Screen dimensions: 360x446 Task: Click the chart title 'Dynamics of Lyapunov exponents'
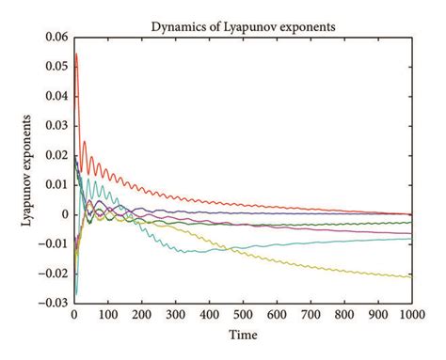(x=244, y=25)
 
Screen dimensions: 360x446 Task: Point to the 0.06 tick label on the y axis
(x=56, y=37)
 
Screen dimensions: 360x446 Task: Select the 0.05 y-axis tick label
(x=56, y=67)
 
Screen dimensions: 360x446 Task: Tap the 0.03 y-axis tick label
(x=56, y=126)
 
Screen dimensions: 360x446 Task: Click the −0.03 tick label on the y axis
(x=53, y=304)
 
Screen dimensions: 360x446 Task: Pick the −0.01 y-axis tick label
(x=53, y=244)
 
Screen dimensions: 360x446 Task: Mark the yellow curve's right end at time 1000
(x=412, y=277)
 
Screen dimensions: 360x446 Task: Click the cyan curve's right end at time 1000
(x=412, y=238)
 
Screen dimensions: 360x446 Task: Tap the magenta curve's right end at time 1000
(x=412, y=233)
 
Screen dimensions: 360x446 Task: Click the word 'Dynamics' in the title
(x=176, y=25)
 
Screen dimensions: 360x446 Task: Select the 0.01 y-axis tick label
(x=56, y=185)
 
